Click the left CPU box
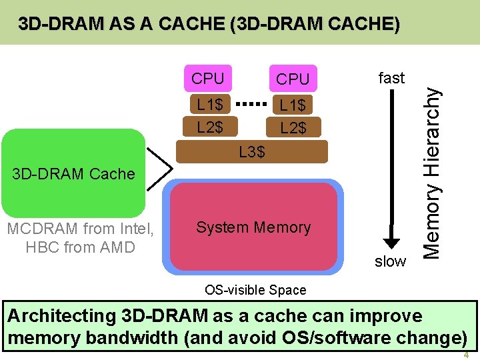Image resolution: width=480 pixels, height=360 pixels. point(208,78)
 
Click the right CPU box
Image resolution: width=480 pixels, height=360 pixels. point(293,79)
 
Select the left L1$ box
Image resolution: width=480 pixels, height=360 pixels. point(210,105)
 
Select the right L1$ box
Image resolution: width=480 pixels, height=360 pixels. point(293,105)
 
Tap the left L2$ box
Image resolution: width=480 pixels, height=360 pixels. point(210,126)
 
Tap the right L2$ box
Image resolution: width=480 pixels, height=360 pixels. point(293,127)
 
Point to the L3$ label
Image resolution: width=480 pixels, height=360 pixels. point(252,153)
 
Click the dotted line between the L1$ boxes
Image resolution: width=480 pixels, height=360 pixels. point(252,105)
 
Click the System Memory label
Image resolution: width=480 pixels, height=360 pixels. point(253,227)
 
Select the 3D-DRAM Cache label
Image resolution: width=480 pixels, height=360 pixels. point(73,174)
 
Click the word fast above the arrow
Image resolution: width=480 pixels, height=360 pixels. point(391,78)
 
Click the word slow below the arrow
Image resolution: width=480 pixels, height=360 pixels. point(390,261)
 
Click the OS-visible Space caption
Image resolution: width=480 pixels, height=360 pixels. point(255,290)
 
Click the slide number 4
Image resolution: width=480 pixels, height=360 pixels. point(466,355)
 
